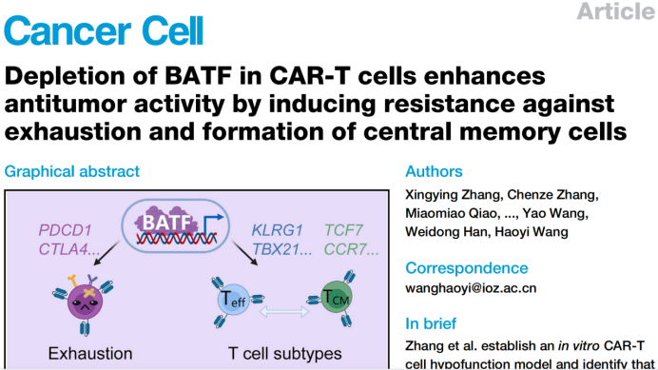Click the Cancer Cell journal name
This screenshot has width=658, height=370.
pos(104,29)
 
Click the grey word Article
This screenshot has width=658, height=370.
pos(616,12)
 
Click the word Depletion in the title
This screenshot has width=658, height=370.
pos(60,75)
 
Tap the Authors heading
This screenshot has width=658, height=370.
pos(435,172)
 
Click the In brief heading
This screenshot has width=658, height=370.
pos(431,322)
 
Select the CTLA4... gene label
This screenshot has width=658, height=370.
pos(68,249)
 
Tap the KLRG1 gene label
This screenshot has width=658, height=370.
pos(277,231)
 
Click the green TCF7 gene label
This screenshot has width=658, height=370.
pos(344,231)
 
